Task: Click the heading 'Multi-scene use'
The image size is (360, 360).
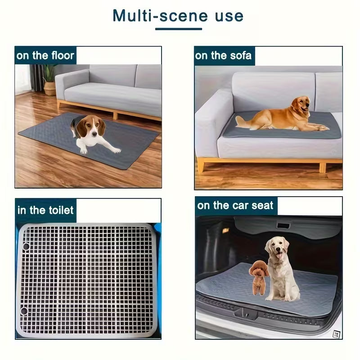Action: coord(178,16)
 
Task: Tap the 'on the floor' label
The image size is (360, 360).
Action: coord(45,56)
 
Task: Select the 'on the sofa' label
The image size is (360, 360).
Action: coord(223,56)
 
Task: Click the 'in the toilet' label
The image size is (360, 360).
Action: coord(45,210)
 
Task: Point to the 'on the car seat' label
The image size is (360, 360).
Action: coord(235,206)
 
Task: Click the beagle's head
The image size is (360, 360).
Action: coord(91,127)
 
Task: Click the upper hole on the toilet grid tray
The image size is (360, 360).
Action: coord(26,246)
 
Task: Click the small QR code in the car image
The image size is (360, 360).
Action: coord(335,334)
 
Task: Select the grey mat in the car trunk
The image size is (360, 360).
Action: coord(315,292)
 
